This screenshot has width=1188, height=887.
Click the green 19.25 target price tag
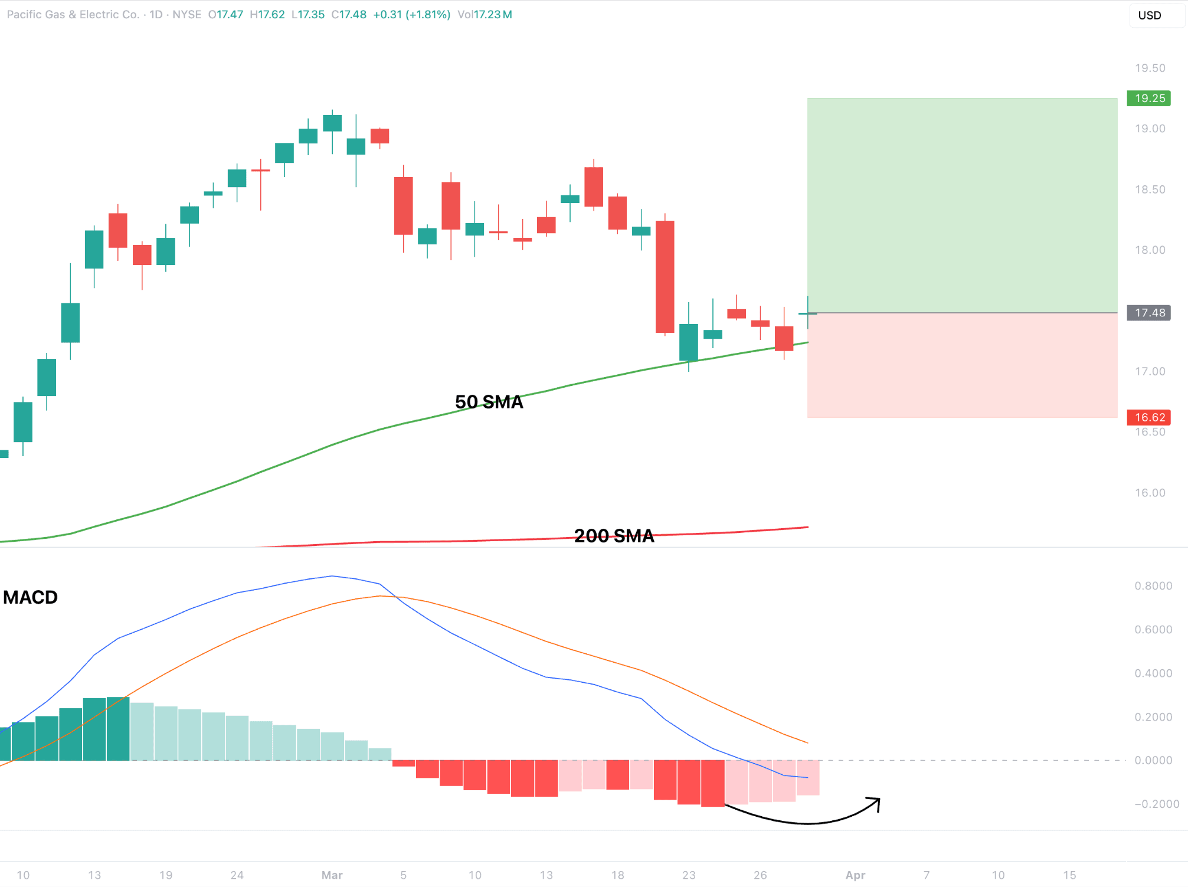1148,98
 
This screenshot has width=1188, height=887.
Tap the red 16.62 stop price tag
1148,417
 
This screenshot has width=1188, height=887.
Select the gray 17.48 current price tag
1148,313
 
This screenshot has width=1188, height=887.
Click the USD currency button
1149,15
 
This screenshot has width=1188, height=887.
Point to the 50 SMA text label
489,402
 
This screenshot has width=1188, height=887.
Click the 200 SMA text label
614,536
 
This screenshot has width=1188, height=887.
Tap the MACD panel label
31,597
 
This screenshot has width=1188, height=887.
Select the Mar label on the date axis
332,875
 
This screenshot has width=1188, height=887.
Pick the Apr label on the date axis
855,875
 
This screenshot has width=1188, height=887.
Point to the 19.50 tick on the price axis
1150,68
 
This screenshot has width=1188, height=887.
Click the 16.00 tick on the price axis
1150,493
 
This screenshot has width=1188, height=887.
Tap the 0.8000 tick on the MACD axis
1153,585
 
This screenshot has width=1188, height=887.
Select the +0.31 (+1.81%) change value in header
411,14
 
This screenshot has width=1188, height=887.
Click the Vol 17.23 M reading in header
485,14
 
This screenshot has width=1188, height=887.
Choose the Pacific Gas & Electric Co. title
73,14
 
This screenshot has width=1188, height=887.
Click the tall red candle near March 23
665,276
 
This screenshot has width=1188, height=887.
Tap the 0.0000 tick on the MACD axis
1153,760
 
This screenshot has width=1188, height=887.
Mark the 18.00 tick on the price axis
1150,250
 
